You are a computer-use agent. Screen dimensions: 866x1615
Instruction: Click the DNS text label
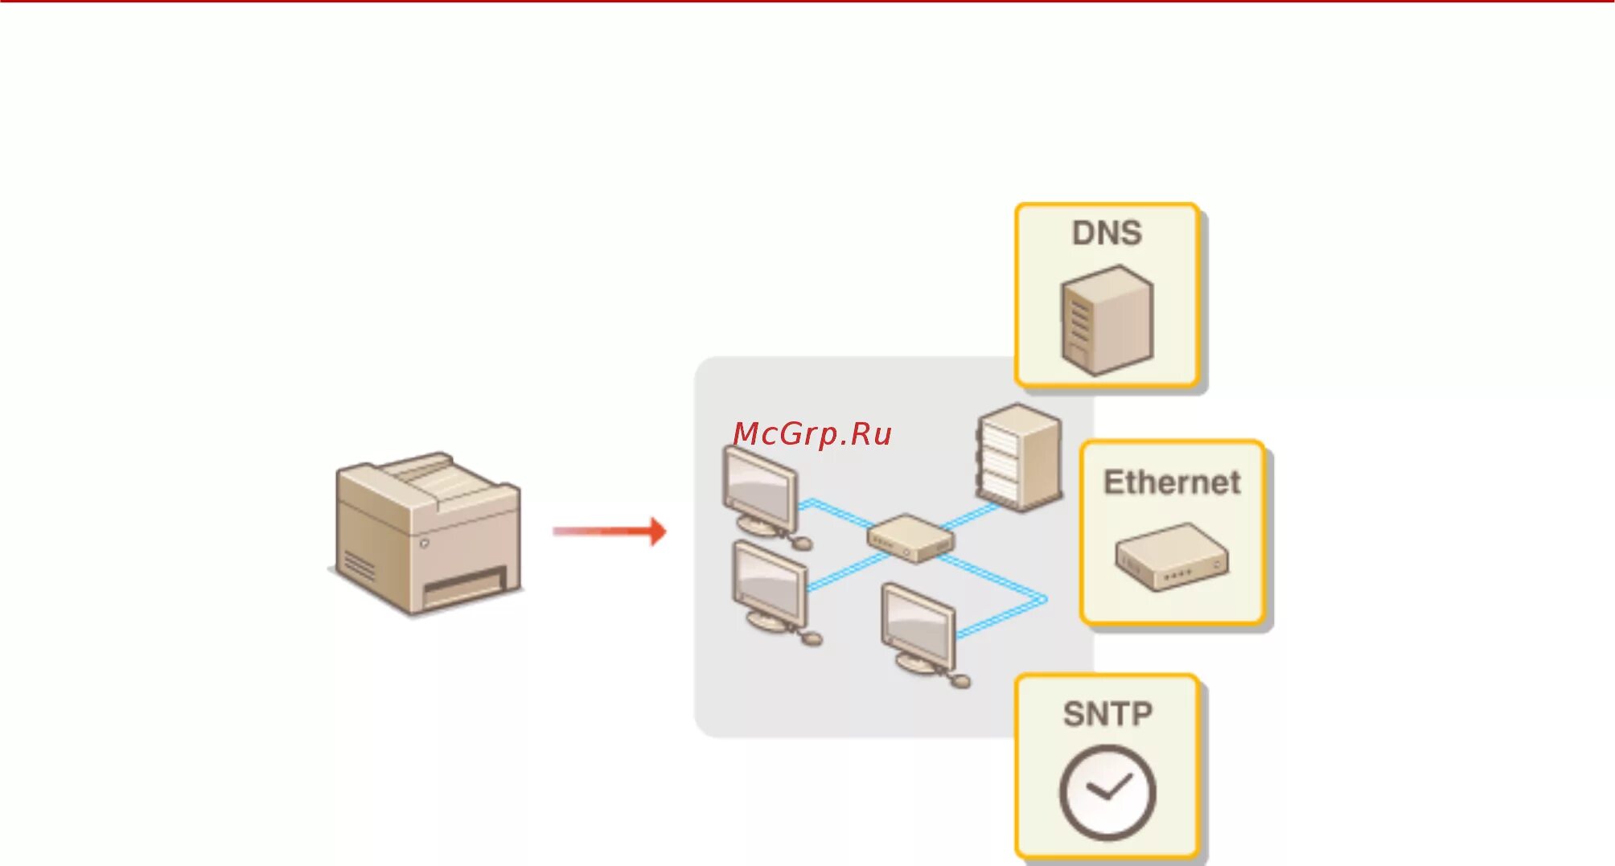(1107, 233)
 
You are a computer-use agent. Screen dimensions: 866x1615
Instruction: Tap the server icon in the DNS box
(1107, 321)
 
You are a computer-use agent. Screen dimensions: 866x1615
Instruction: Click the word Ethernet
(1172, 482)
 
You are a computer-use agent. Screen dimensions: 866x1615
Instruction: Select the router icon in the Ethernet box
(1172, 557)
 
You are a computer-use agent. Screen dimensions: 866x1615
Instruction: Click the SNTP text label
(1107, 714)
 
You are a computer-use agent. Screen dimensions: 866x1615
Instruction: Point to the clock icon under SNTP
(1107, 792)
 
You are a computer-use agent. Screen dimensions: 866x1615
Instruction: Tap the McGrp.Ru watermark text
(812, 434)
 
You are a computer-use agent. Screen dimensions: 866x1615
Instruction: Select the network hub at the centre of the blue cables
(910, 538)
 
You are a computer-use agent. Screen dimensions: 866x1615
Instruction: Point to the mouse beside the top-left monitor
(802, 544)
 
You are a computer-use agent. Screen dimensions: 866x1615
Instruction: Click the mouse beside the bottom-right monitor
(960, 681)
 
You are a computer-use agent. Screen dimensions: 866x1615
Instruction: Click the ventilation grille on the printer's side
(359, 565)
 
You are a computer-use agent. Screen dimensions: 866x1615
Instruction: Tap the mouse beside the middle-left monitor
(812, 638)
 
